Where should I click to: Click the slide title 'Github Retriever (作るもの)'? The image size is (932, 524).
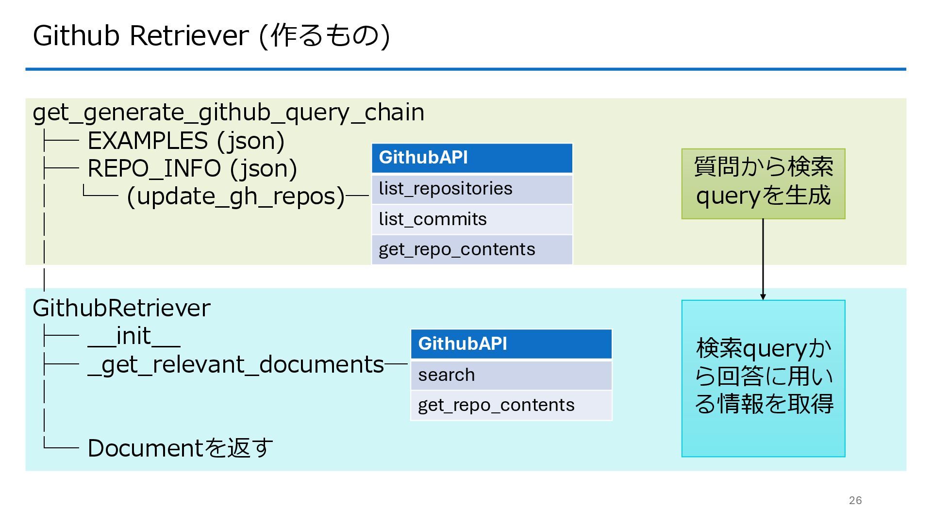tap(211, 35)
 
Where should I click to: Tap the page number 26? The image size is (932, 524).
tap(855, 500)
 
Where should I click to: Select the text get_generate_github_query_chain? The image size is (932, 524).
tap(228, 113)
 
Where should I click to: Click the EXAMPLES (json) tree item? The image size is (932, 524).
tap(185, 141)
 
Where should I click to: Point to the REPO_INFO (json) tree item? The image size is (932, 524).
tap(192, 168)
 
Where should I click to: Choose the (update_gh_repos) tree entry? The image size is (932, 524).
tap(235, 196)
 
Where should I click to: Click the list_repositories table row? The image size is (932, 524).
tap(472, 189)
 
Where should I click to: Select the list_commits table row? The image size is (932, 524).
tap(472, 219)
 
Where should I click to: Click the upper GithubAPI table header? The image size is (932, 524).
tap(472, 158)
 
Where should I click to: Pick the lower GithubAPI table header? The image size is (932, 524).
tap(511, 344)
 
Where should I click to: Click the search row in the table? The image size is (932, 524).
tap(511, 375)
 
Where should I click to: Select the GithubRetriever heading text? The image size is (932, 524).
tap(121, 308)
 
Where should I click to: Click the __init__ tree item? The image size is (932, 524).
tap(134, 336)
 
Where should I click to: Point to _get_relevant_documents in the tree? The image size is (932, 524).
tap(236, 364)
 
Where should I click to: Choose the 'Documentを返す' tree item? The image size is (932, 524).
tap(180, 448)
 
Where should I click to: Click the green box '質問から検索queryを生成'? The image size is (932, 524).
tap(763, 183)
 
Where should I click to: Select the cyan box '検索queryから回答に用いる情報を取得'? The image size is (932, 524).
tap(763, 378)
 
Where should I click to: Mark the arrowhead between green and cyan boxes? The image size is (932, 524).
tap(763, 296)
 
